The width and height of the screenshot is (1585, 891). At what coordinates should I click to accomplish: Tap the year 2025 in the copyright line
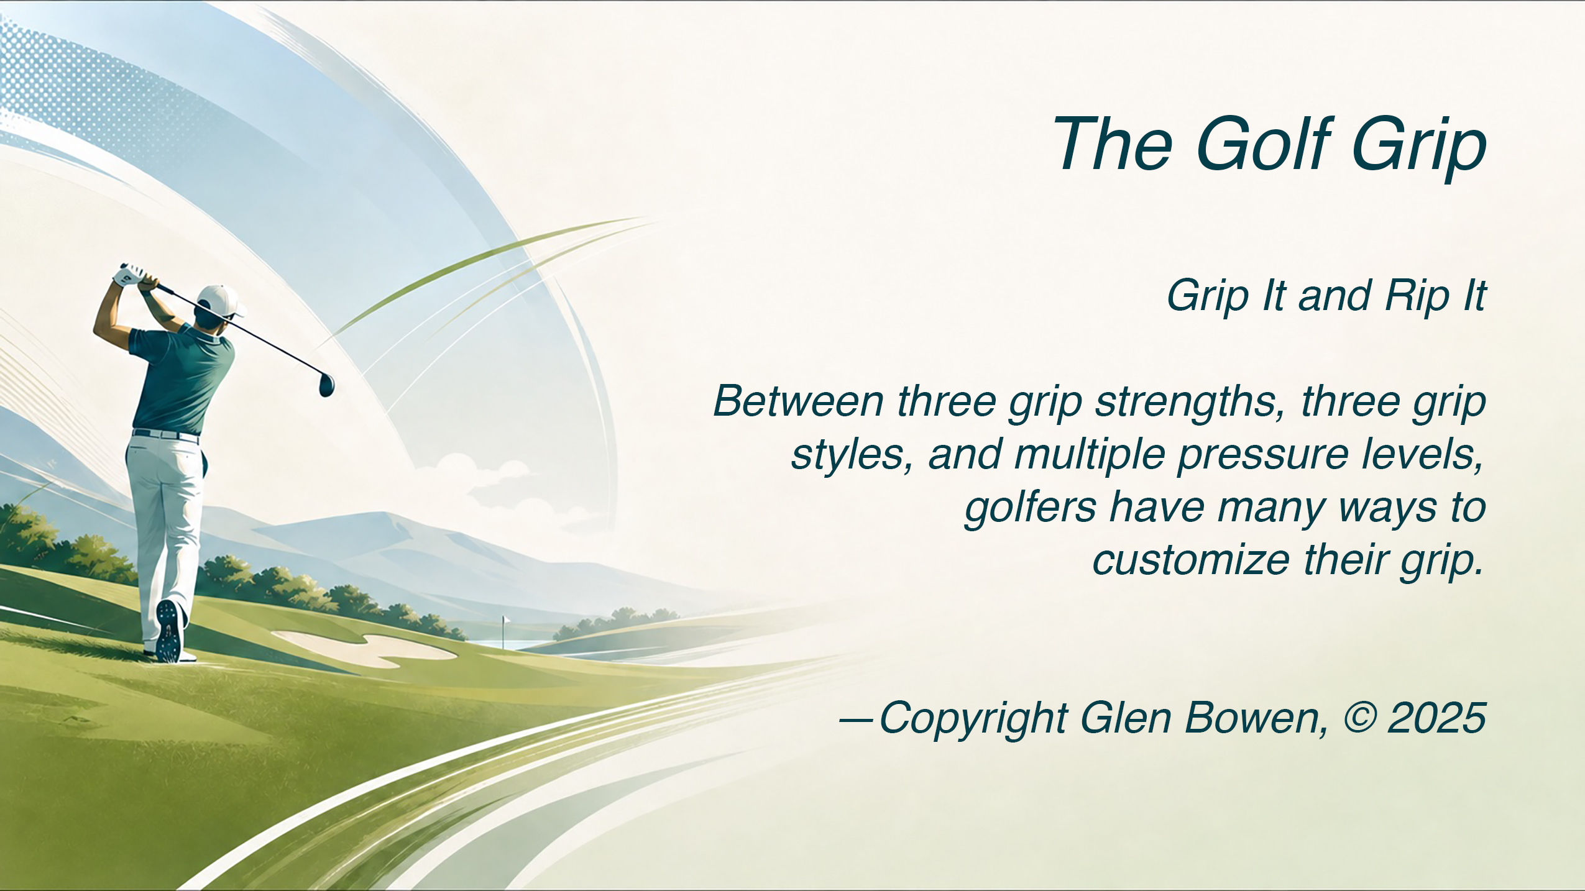pyautogui.click(x=1437, y=718)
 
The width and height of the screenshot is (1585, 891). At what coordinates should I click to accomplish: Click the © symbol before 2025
pyautogui.click(x=1360, y=718)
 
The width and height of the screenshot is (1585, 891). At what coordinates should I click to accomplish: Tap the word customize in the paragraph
pyautogui.click(x=1191, y=560)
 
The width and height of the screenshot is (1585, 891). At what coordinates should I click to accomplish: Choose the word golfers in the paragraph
pyautogui.click(x=1030, y=508)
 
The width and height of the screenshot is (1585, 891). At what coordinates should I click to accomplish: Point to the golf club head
pyautogui.click(x=326, y=385)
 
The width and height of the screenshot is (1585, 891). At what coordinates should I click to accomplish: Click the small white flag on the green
pyautogui.click(x=506, y=620)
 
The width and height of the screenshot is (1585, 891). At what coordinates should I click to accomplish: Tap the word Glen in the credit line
pyautogui.click(x=1126, y=718)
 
